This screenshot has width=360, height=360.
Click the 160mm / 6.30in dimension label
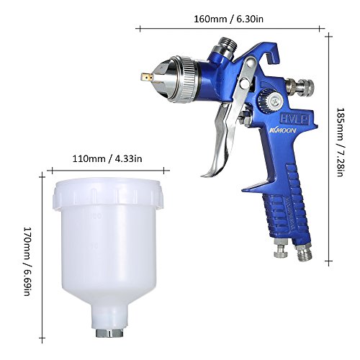[x=228, y=19]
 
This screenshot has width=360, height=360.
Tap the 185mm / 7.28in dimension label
[x=341, y=142]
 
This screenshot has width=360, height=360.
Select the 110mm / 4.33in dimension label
[x=107, y=158]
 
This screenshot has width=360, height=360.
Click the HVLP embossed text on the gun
[x=294, y=119]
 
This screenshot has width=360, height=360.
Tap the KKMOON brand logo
[x=282, y=131]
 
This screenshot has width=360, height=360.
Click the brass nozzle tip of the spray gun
[x=146, y=77]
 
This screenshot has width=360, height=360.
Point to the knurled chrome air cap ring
[x=189, y=80]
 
